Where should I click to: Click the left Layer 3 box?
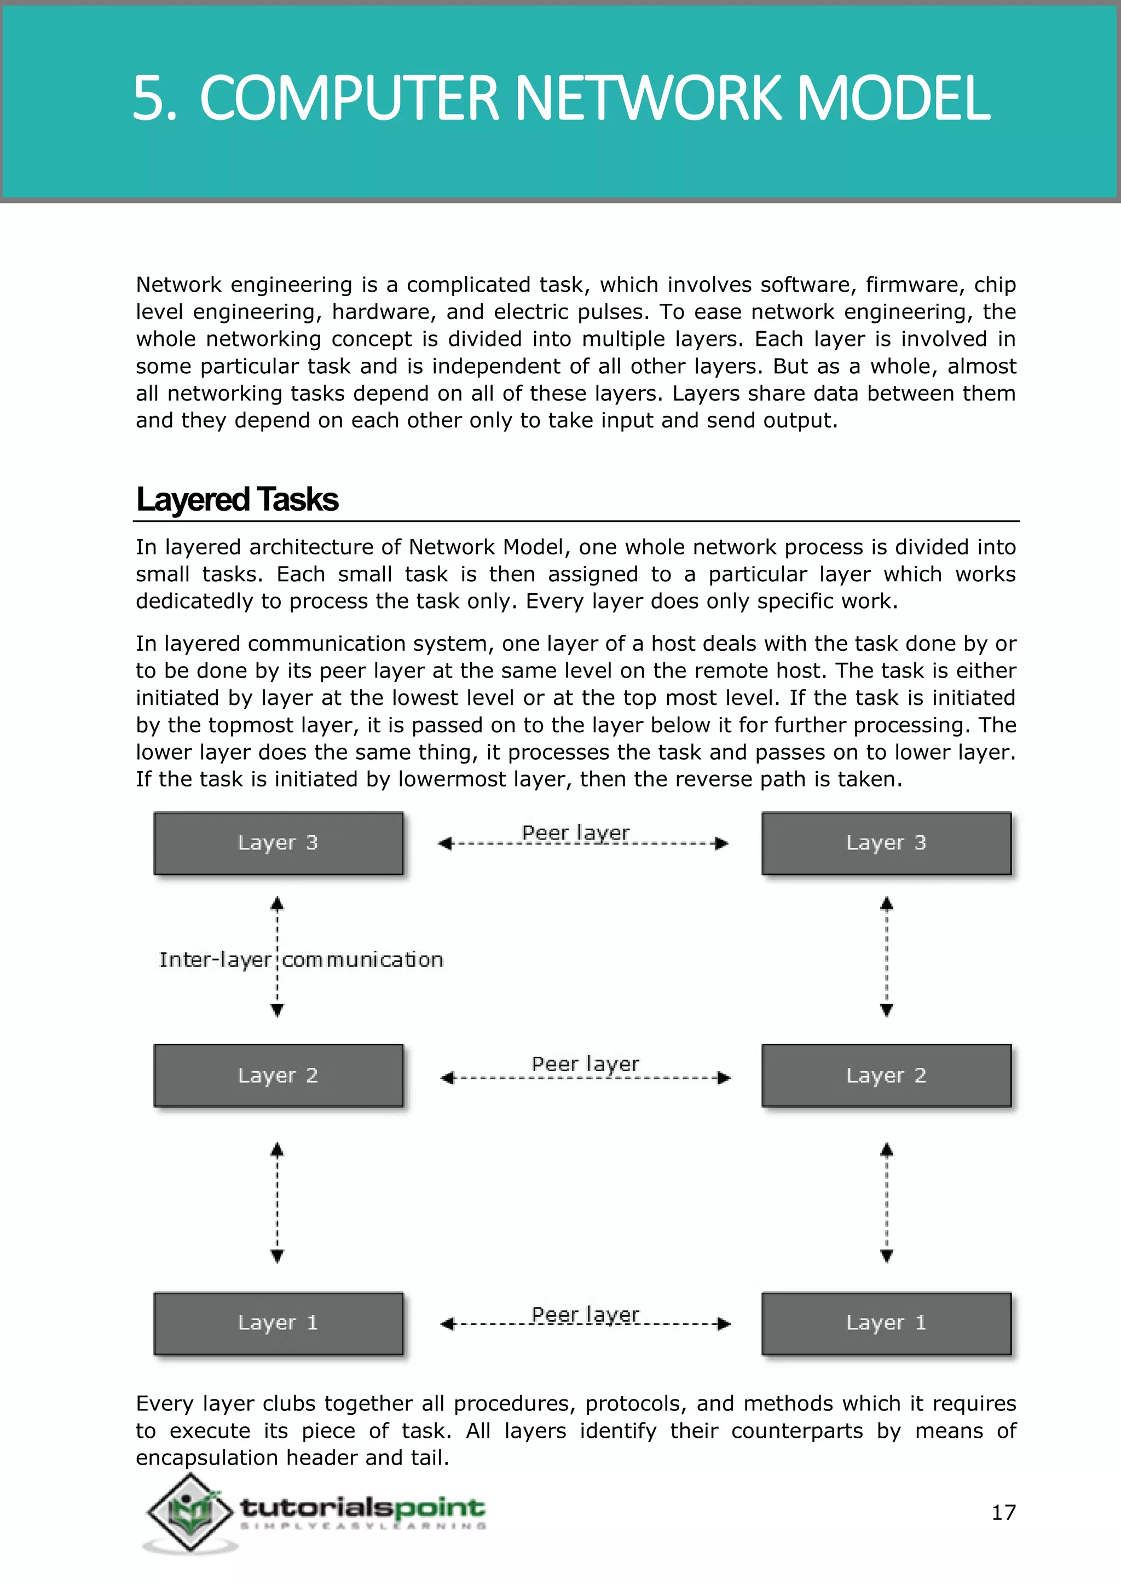click(x=278, y=843)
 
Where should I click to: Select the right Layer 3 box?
click(x=886, y=843)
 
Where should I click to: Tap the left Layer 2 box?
click(x=278, y=1075)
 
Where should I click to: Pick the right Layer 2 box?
click(x=886, y=1075)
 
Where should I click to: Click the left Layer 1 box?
click(x=278, y=1323)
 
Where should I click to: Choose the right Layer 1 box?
click(x=886, y=1323)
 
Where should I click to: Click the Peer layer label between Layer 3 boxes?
click(x=576, y=832)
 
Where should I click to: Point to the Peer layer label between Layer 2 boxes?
click(x=585, y=1064)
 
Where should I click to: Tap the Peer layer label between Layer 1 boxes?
click(x=585, y=1315)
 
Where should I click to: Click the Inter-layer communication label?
click(x=301, y=959)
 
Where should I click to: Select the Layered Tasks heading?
click(x=238, y=499)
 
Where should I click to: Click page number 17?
click(x=1004, y=1513)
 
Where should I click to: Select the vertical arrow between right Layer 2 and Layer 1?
click(x=887, y=1202)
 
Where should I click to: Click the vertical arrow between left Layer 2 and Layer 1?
click(x=277, y=1202)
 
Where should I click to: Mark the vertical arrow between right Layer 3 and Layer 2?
click(x=887, y=956)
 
